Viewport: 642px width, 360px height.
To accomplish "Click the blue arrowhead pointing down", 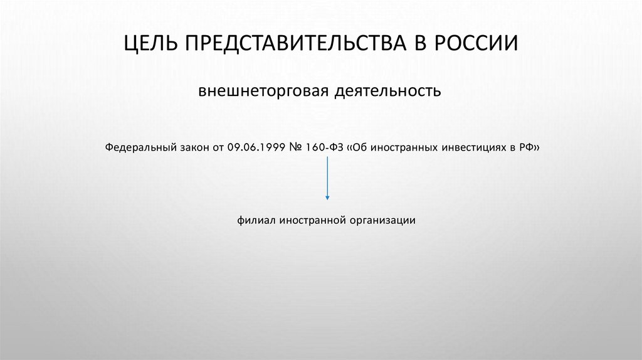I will pyautogui.click(x=327, y=198).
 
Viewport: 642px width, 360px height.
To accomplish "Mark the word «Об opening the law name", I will pyautogui.click(x=357, y=149).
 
